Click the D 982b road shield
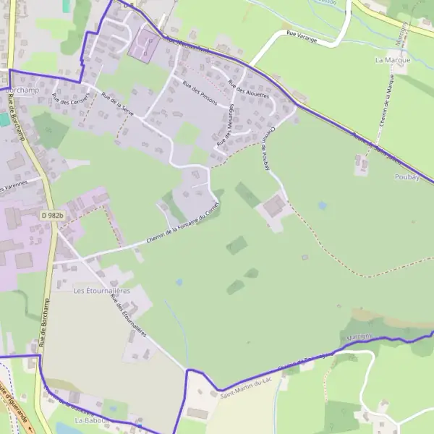click(x=52, y=216)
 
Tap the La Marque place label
click(x=393, y=60)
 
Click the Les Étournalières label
click(x=101, y=290)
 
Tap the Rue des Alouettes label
click(x=248, y=89)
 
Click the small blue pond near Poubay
click(x=322, y=205)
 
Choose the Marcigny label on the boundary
click(x=359, y=337)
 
